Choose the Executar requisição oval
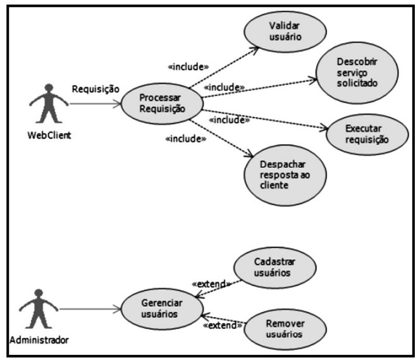368,133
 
